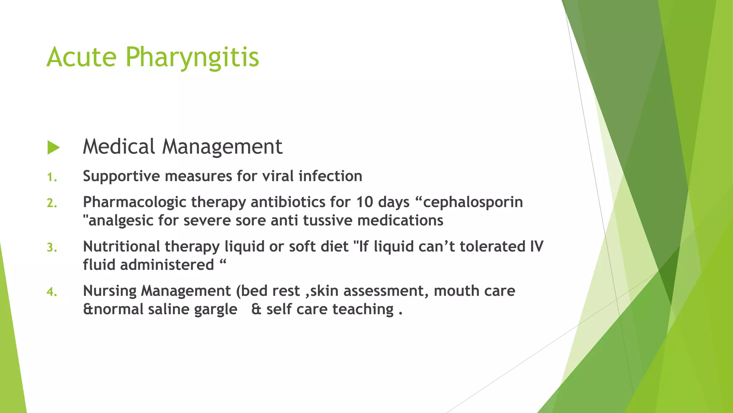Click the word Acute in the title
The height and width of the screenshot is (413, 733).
click(x=82, y=57)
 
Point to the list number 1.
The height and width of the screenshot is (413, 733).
click(x=52, y=177)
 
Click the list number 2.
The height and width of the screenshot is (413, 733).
click(x=52, y=203)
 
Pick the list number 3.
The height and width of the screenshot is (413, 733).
click(x=52, y=247)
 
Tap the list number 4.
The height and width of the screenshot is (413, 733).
click(x=52, y=292)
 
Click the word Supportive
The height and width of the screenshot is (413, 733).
click(x=121, y=176)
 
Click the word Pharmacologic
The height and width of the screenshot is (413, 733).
click(x=135, y=203)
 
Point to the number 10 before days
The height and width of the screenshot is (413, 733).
click(x=364, y=202)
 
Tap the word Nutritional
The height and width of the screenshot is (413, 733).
click(x=121, y=247)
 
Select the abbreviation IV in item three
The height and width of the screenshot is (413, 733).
click(x=536, y=247)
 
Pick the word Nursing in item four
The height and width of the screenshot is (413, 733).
click(x=110, y=291)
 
